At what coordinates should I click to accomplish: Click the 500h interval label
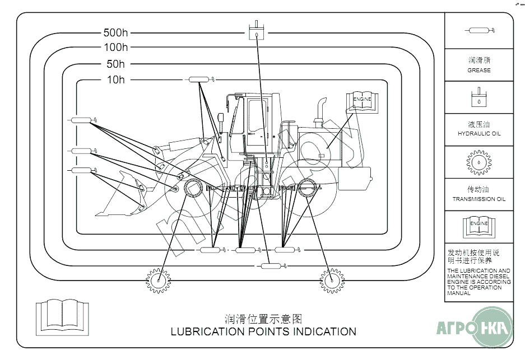pos(116,33)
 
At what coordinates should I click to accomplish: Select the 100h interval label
pos(116,48)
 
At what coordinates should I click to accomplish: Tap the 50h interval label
pos(116,64)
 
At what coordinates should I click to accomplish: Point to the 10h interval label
pos(116,80)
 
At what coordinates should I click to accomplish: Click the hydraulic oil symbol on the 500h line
pos(255,31)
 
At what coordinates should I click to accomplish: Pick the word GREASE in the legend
pos(479,71)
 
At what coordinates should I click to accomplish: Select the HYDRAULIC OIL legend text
pos(479,134)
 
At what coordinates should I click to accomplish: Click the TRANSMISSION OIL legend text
pos(479,199)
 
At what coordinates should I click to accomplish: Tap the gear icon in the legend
pos(479,162)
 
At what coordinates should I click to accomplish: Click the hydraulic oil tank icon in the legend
pos(479,97)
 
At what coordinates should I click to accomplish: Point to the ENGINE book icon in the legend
pos(479,226)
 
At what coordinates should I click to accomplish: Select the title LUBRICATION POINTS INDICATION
pos(263,331)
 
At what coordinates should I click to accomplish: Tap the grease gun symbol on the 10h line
pos(199,80)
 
